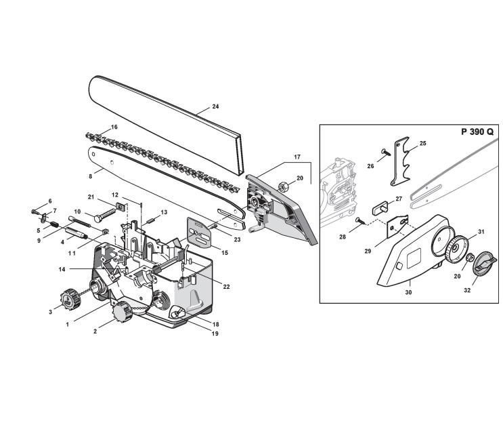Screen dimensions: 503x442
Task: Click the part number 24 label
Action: click(215, 106)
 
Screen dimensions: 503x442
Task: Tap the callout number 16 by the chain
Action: click(114, 127)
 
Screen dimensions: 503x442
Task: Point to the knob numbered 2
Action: click(123, 313)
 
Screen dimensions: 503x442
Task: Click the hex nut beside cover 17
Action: click(284, 184)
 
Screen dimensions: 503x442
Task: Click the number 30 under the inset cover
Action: click(408, 293)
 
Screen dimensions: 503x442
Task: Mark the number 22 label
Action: click(226, 287)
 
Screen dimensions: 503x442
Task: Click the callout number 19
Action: click(215, 334)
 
